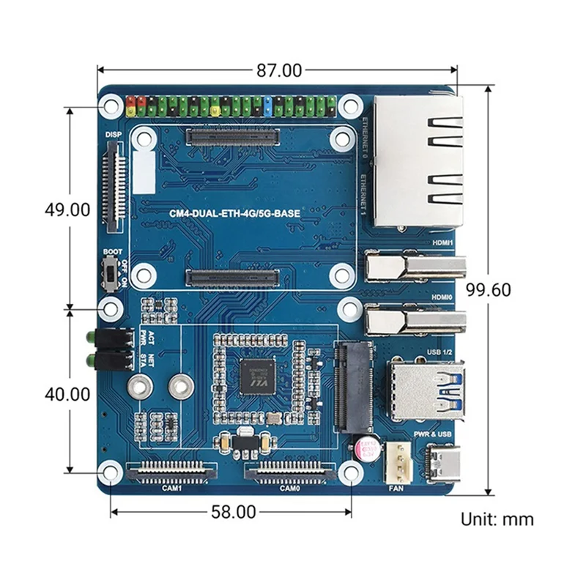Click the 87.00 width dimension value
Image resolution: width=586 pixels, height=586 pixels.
(x=279, y=70)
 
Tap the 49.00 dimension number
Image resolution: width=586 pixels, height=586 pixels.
(x=67, y=209)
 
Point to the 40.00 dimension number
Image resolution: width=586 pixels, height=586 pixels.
(x=67, y=393)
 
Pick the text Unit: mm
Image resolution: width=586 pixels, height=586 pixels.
(x=497, y=519)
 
